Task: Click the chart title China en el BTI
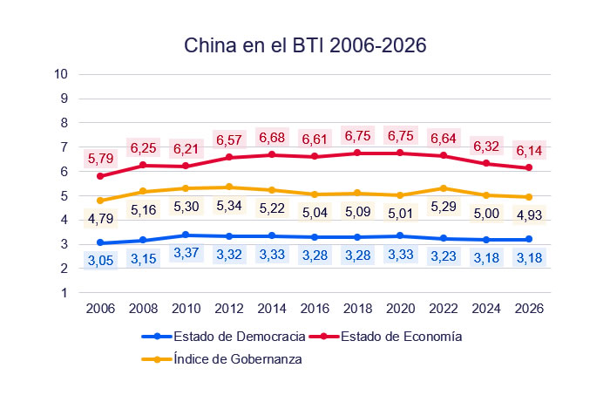(305, 46)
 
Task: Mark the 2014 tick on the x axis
(273, 309)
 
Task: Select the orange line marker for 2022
(443, 188)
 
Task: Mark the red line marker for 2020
(400, 153)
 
